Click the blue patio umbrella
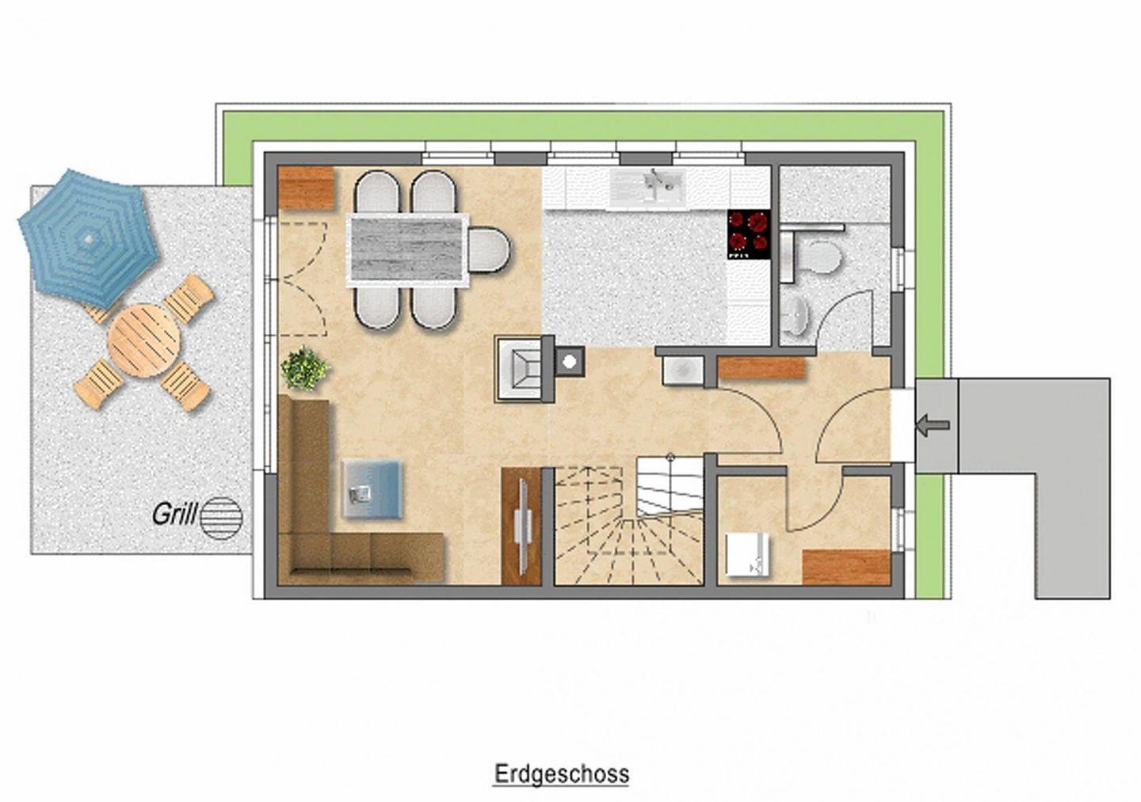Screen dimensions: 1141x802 pos(88,238)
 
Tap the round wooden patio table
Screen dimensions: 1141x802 pos(143,340)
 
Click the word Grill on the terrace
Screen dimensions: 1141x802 pos(174,515)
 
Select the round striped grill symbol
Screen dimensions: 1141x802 pos(222,517)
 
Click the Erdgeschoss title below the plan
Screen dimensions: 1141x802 pos(562,774)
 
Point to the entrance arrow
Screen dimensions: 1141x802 pos(933,424)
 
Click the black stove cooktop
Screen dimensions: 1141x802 pos(748,234)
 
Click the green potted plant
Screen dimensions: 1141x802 pos(304,368)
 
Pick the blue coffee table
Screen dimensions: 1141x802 pos(372,489)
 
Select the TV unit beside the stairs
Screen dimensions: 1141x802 pos(521,526)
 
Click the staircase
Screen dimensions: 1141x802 pos(628,521)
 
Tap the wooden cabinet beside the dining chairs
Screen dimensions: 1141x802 pos(306,188)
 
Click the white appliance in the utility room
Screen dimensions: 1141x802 pos(747,554)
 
